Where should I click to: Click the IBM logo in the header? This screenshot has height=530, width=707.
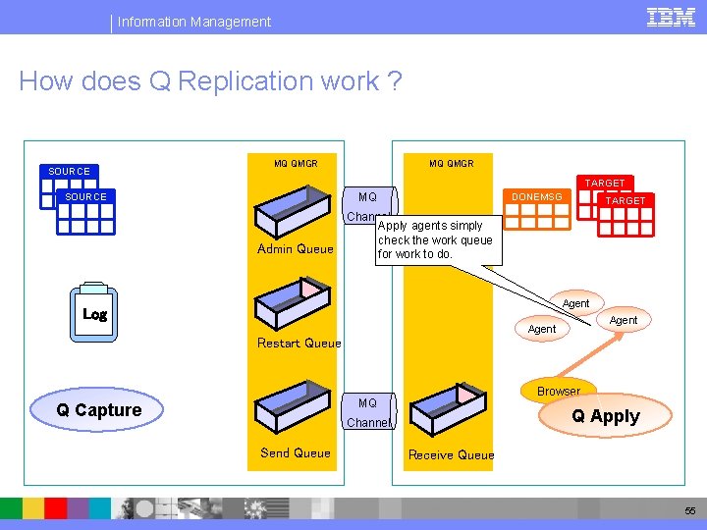click(x=671, y=18)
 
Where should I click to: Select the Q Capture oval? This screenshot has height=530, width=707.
click(x=99, y=409)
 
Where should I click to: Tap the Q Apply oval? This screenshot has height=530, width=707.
click(x=605, y=416)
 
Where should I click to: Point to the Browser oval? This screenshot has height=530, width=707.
click(x=558, y=391)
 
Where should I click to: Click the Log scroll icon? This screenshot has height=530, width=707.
click(x=95, y=313)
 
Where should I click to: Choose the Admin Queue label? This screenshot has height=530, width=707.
click(x=295, y=249)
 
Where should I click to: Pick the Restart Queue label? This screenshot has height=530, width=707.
click(x=299, y=344)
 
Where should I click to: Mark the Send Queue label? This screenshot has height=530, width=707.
click(x=295, y=453)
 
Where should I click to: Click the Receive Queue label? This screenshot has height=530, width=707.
click(x=451, y=455)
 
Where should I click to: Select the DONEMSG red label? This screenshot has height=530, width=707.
click(x=537, y=197)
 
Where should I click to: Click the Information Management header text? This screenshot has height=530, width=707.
click(x=194, y=22)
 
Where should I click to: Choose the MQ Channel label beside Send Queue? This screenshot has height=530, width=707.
click(x=368, y=413)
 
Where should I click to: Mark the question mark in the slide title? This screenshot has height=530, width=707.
click(x=394, y=81)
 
